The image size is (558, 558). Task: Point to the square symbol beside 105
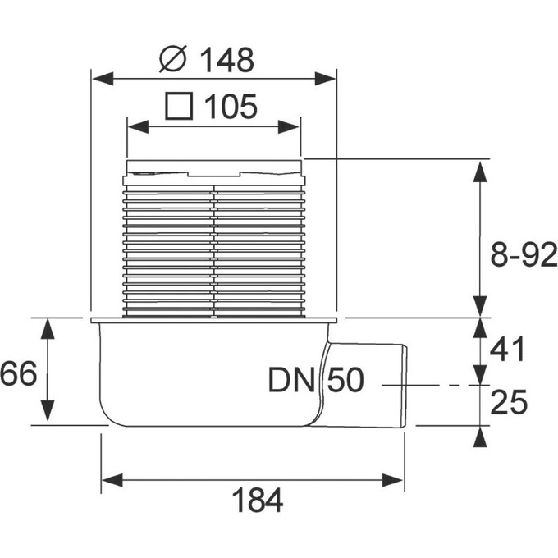click(179, 106)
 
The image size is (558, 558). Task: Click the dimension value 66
click(18, 375)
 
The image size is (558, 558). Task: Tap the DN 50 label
click(316, 381)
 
